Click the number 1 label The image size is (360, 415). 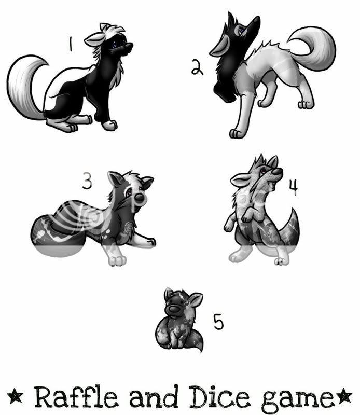click(x=71, y=44)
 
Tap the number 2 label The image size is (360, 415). click(x=197, y=67)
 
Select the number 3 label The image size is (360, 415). click(x=87, y=181)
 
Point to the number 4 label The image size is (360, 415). click(x=293, y=187)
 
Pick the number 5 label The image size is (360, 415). click(x=218, y=322)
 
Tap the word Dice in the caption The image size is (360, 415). click(x=219, y=396)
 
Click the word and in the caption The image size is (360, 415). click(x=154, y=396)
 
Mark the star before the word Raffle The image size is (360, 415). click(x=15, y=396)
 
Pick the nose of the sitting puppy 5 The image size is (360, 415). click(x=174, y=309)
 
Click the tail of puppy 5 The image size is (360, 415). click(x=195, y=340)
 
